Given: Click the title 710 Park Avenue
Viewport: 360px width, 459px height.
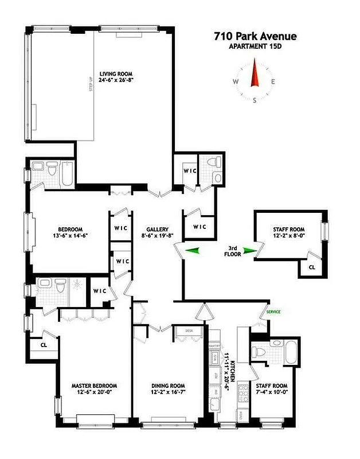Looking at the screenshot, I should click(x=256, y=37).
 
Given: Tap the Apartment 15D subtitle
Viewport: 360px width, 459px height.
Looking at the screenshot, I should click(x=256, y=47).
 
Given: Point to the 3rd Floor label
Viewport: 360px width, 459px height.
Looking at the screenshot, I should click(x=232, y=251).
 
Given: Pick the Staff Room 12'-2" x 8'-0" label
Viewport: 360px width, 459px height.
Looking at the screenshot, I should click(x=290, y=234).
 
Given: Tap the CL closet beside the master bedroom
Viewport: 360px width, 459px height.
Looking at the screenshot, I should click(x=44, y=346).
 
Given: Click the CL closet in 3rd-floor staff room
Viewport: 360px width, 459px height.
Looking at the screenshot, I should click(x=312, y=267).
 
